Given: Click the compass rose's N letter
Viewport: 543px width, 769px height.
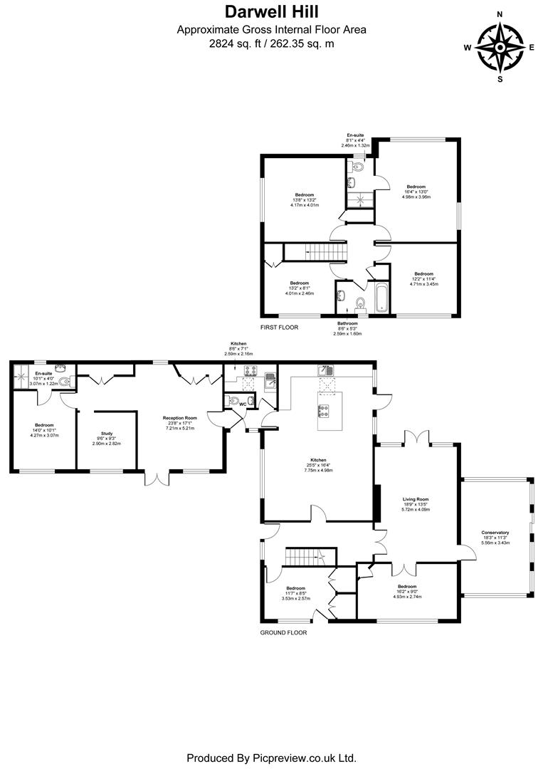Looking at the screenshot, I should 500,14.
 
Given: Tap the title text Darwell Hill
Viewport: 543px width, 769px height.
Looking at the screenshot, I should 271,12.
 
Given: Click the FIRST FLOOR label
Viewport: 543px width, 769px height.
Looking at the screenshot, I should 279,327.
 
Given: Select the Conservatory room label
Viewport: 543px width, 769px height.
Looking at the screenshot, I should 495,532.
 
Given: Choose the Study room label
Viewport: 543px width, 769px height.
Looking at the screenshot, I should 107,433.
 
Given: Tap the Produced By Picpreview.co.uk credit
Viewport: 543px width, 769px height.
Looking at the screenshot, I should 271,758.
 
